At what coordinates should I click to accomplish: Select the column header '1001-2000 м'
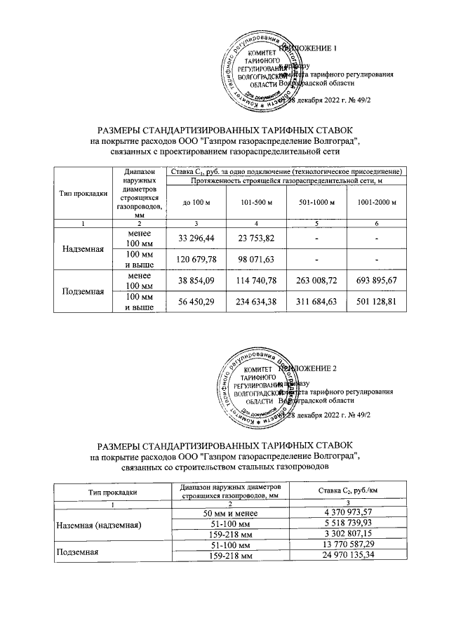377,203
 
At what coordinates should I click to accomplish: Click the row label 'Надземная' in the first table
84,249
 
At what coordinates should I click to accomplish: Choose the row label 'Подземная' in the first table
84,290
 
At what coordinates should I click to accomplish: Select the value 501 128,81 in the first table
377,302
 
